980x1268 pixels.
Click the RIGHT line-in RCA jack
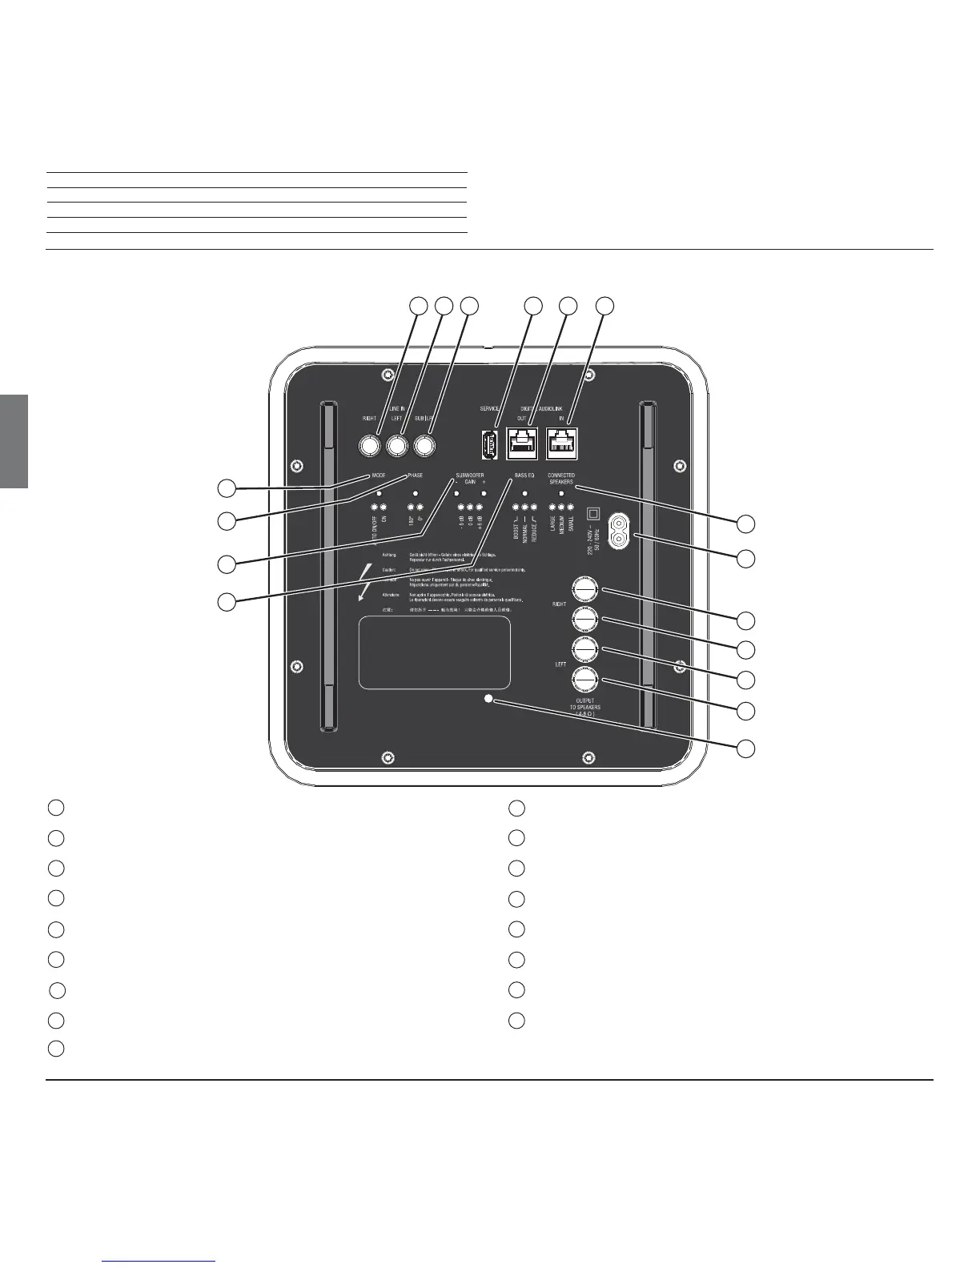click(x=370, y=444)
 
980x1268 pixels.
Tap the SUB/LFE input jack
click(x=424, y=444)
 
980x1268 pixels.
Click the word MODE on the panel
click(x=379, y=475)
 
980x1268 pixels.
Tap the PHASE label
click(x=415, y=475)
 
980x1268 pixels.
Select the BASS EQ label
click(x=524, y=475)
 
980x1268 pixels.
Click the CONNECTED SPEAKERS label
click(x=561, y=480)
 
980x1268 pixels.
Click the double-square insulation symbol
click(x=593, y=512)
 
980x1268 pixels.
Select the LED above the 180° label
click(x=410, y=508)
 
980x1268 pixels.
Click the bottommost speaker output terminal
click(x=584, y=680)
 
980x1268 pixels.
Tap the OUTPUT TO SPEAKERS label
click(x=584, y=708)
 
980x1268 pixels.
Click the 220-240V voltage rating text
click(x=592, y=536)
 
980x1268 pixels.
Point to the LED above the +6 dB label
click(x=480, y=508)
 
